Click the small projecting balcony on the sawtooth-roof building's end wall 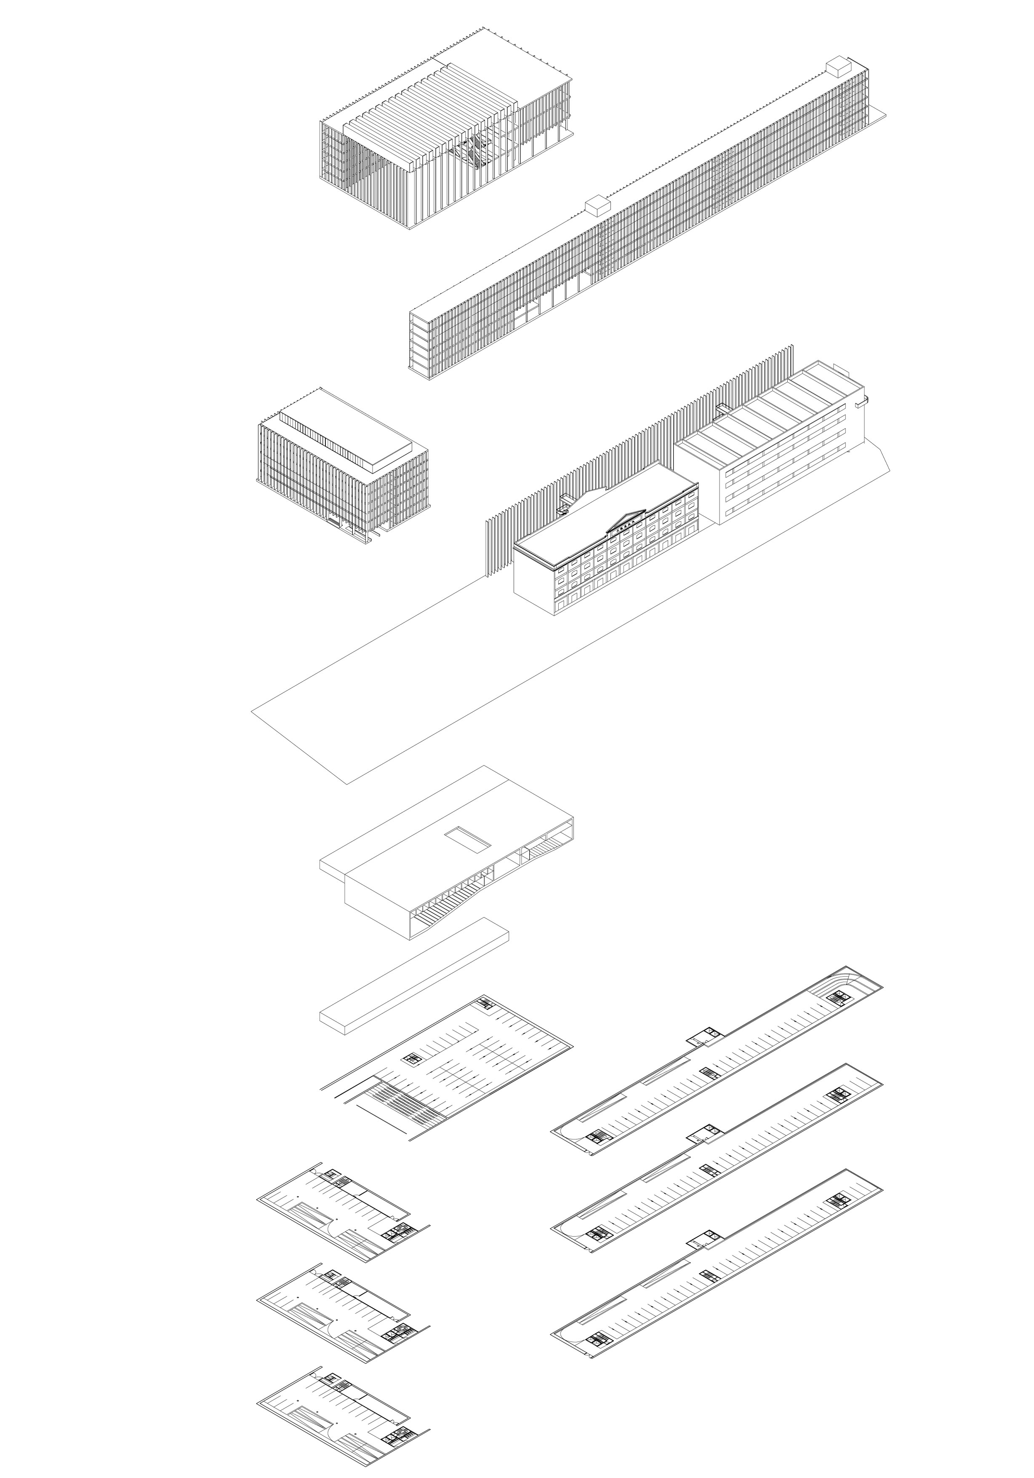tap(861, 402)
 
